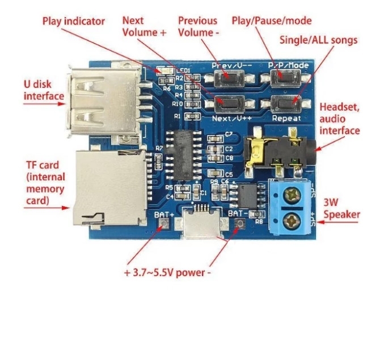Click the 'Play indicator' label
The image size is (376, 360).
tap(74, 22)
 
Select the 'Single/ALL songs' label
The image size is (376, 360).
tap(319, 40)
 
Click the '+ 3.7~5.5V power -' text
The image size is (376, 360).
tap(167, 272)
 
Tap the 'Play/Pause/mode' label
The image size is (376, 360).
tap(272, 21)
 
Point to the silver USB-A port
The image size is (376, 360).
tap(102, 102)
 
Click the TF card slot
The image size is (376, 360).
tap(105, 187)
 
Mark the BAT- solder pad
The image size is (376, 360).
tap(239, 226)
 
